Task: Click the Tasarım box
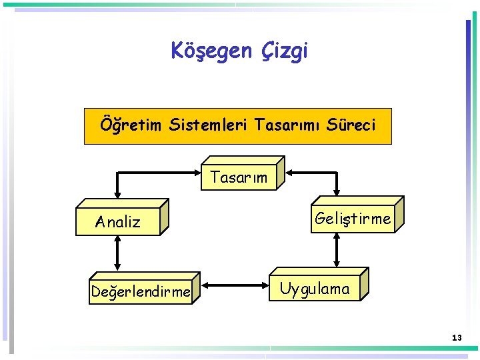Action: click(x=239, y=177)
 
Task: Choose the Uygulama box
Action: click(x=315, y=289)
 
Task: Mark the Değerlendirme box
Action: click(x=141, y=292)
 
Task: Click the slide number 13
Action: click(x=456, y=338)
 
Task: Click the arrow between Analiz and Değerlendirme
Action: click(x=117, y=254)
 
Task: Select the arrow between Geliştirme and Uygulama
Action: click(x=337, y=250)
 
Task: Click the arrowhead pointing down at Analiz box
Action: click(x=117, y=194)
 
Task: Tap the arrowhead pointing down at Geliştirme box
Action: click(x=337, y=191)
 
